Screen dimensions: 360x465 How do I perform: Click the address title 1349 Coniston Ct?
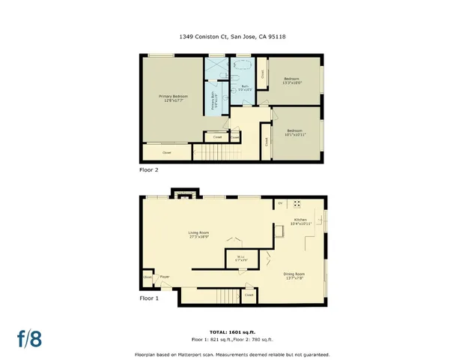[233, 35]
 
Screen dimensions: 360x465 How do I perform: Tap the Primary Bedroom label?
[172, 98]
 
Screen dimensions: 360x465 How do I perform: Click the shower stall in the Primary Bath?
[218, 69]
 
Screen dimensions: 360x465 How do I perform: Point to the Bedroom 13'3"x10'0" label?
[292, 81]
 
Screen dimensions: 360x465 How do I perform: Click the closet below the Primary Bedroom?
[166, 152]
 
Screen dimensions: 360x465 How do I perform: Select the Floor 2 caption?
[149, 170]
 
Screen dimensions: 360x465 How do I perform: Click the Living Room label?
[198, 235]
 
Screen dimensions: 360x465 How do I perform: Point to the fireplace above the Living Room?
[184, 196]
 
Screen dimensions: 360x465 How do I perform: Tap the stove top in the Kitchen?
[297, 203]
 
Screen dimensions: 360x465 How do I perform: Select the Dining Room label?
[294, 275]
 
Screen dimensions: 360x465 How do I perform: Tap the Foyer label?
[164, 277]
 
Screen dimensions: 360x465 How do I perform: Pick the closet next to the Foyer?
[147, 277]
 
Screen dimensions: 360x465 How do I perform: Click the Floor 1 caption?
[149, 298]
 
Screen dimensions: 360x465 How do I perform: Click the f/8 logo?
[29, 338]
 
